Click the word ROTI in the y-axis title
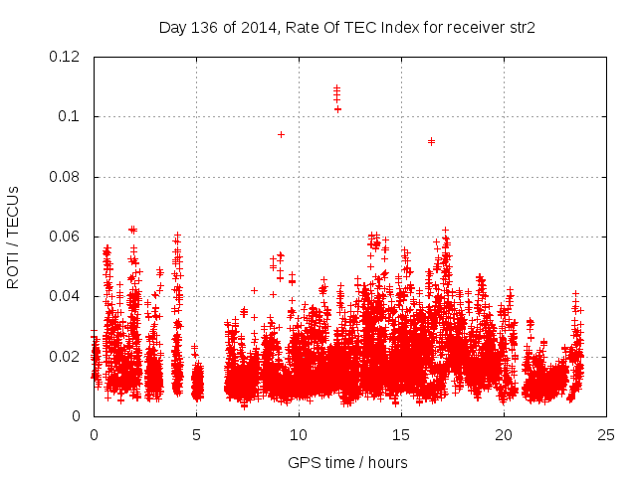(14, 270)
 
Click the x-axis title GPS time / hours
(347, 462)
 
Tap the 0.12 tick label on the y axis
(66, 57)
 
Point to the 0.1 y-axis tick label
(71, 116)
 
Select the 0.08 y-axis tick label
(66, 177)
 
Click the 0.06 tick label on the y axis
(66, 237)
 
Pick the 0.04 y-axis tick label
(66, 296)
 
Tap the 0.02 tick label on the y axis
(66, 357)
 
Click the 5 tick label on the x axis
(196, 434)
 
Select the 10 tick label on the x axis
(299, 434)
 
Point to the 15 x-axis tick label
(401, 434)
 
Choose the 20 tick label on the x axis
(504, 434)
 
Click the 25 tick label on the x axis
(606, 434)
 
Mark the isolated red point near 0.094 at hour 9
(281, 134)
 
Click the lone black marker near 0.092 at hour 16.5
(431, 141)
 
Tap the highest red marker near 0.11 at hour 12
(337, 87)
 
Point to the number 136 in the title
(205, 27)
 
